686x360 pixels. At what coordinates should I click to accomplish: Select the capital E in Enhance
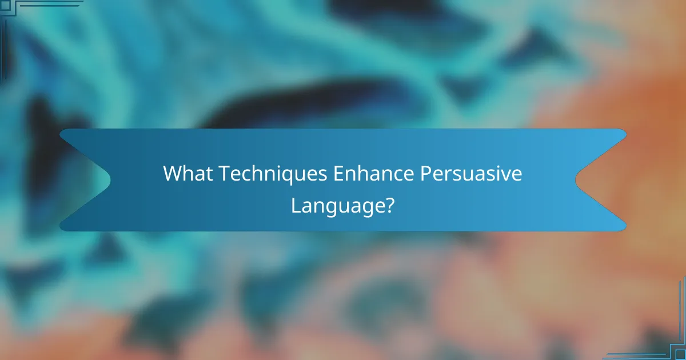click(x=338, y=174)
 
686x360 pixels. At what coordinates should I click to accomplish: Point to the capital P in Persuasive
click(x=425, y=174)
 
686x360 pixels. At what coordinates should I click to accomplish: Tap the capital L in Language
click(x=296, y=204)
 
